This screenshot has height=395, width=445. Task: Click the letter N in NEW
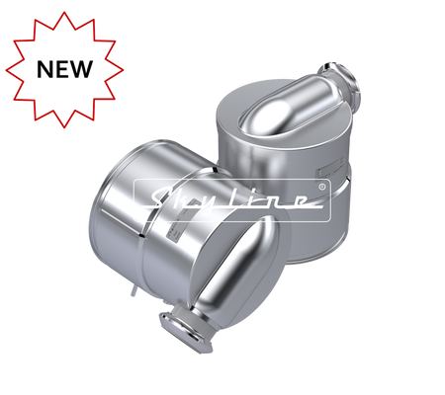click(44, 69)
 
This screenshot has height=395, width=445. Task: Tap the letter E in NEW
click(62, 69)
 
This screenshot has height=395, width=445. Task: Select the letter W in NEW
click(81, 69)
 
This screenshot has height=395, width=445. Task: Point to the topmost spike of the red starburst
click(64, 13)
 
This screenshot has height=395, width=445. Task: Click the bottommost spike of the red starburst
click(64, 126)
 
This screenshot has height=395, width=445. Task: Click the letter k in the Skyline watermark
click(189, 199)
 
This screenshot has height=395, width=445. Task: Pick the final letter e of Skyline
click(298, 200)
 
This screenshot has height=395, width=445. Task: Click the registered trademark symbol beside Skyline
click(322, 187)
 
